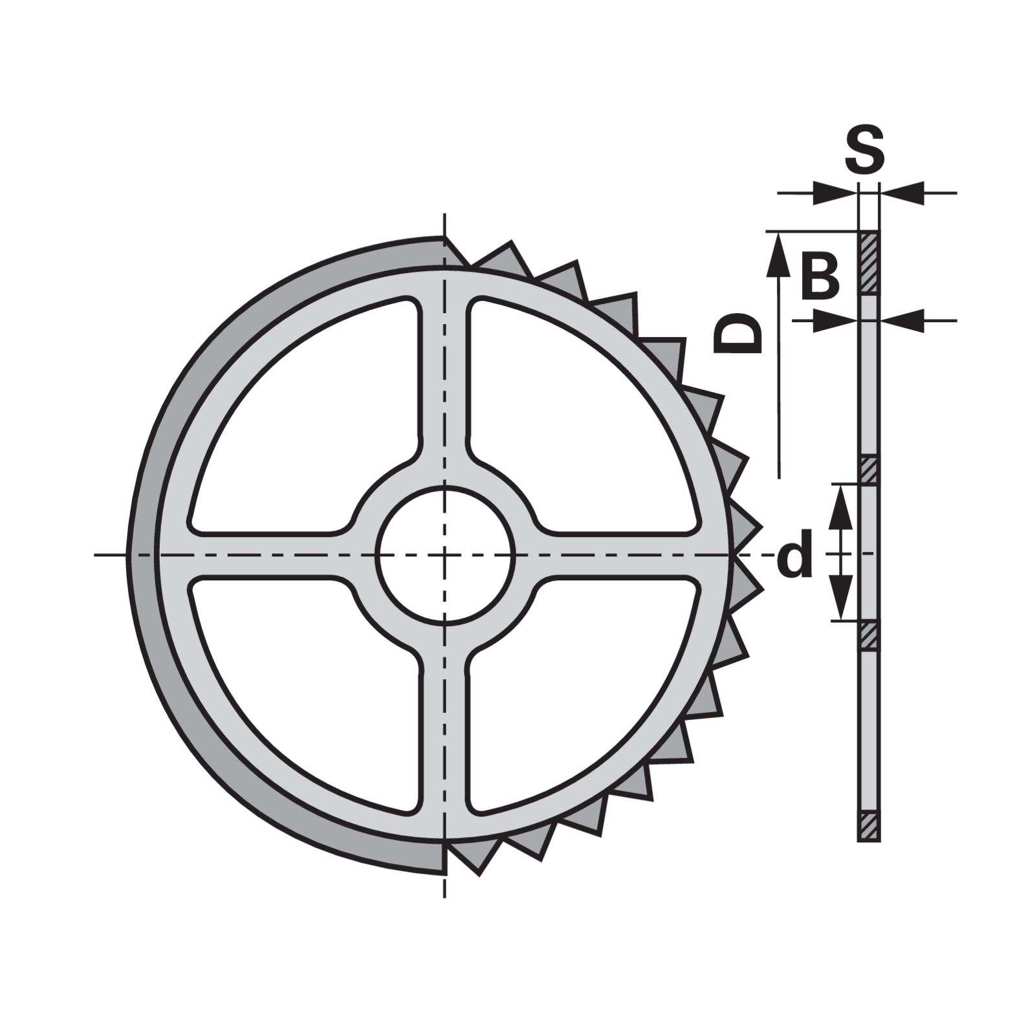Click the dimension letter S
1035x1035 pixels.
tap(865, 149)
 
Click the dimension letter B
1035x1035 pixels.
tap(820, 276)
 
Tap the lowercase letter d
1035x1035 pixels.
tap(794, 556)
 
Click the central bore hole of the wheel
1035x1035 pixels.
tap(444, 555)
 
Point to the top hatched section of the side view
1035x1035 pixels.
tap(869, 263)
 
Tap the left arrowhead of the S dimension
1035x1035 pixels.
tap(834, 193)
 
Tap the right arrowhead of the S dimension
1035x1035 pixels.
tap(902, 193)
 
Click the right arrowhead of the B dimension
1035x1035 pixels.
tap(902, 320)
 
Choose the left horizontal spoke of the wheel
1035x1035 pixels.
tap(265, 555)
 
